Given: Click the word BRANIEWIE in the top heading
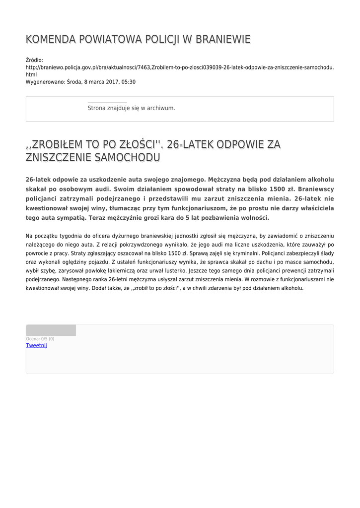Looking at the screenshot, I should click(x=223, y=40).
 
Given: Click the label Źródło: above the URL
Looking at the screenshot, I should click(x=34, y=60).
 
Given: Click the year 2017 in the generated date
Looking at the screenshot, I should click(x=106, y=82).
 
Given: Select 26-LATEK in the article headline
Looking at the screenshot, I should click(x=192, y=144).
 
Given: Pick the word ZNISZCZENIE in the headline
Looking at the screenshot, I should click(x=55, y=158).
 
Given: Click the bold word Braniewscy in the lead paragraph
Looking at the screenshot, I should click(x=315, y=189).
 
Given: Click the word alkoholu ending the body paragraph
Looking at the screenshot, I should click(x=288, y=288).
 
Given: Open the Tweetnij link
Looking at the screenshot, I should click(x=36, y=345).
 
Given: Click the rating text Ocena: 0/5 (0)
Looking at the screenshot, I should click(x=40, y=339).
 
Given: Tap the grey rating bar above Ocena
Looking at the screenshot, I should click(x=51, y=330).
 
